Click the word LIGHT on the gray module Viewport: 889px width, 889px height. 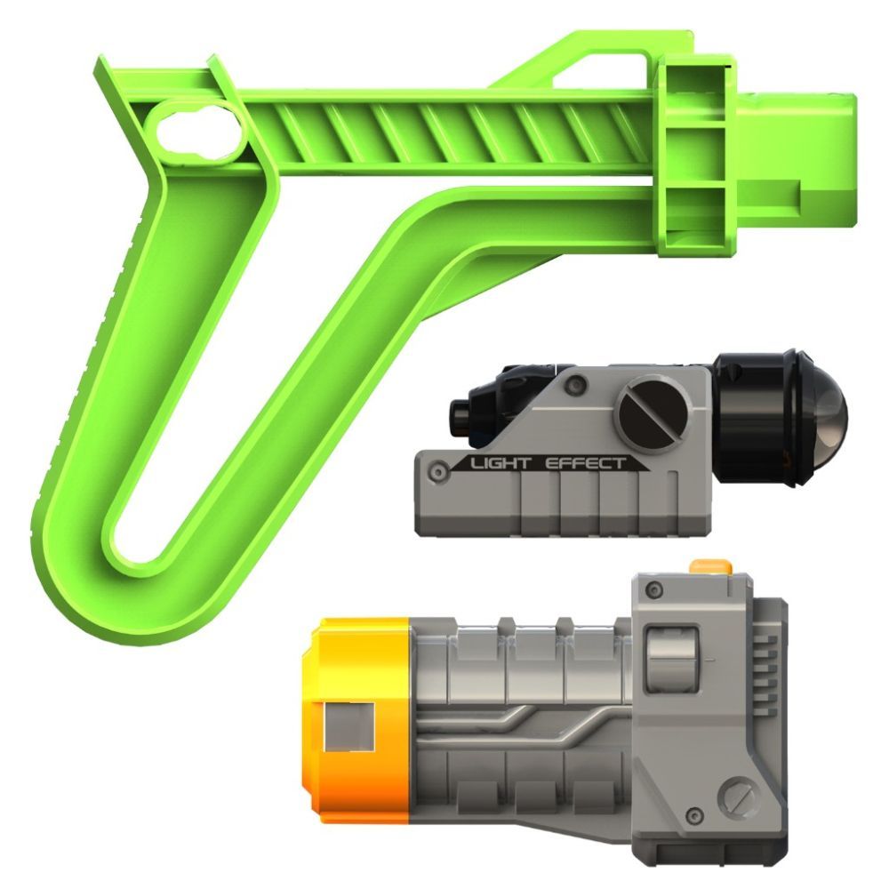coord(500,463)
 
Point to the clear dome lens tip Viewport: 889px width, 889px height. coord(829,417)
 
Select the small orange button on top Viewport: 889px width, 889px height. coord(709,567)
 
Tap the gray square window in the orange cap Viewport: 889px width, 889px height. coord(349,727)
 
